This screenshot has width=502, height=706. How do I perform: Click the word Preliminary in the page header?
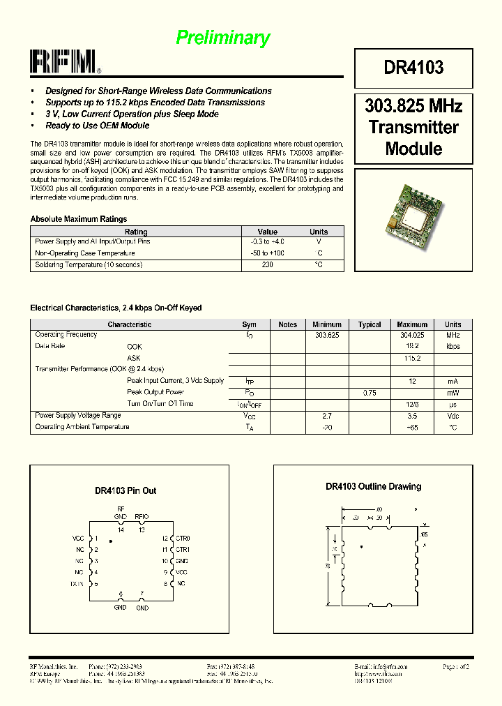click(222, 38)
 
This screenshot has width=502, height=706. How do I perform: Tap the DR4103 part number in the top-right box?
click(413, 67)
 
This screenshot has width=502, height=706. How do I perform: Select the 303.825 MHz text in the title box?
click(413, 106)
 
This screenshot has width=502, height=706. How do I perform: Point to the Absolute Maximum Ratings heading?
click(79, 219)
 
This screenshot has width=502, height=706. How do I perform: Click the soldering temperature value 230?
click(267, 264)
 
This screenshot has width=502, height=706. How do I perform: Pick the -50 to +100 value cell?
click(267, 253)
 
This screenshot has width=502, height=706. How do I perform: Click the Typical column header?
click(369, 324)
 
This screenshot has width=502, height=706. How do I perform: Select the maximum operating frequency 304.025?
click(412, 335)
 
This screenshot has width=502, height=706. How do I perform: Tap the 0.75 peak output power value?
click(369, 393)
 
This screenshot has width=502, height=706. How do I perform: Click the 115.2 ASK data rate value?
click(412, 358)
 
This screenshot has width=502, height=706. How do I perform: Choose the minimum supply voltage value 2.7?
click(326, 416)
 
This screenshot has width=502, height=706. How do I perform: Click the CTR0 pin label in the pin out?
click(183, 539)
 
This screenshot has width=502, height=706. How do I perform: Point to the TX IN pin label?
click(77, 583)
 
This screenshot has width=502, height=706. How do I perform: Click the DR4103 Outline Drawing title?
click(373, 486)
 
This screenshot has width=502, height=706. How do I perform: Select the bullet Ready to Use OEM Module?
click(97, 126)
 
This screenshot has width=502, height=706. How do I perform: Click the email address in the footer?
click(381, 667)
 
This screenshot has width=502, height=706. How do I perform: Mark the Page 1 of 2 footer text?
click(456, 667)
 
